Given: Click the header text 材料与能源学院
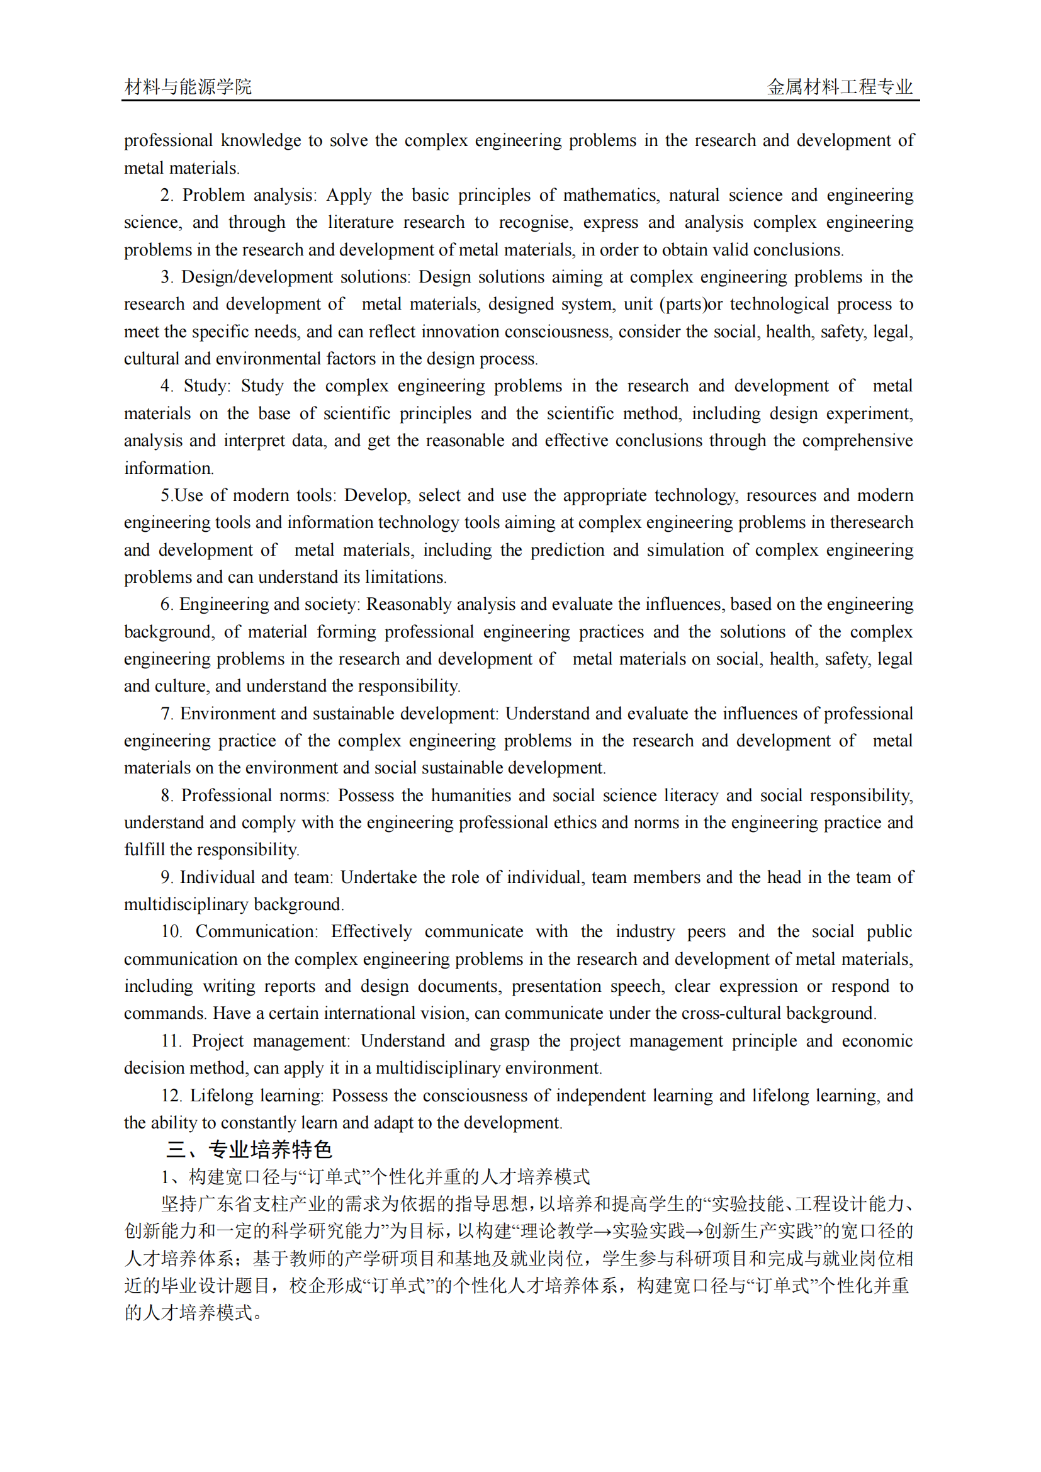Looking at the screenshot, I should [x=188, y=87].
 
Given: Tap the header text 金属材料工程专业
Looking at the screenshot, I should [x=840, y=87].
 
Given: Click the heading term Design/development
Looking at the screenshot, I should [x=257, y=277].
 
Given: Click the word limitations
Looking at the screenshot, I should [x=405, y=577].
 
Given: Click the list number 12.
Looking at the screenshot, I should [x=171, y=1096].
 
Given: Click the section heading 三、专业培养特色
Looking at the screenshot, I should [x=249, y=1150].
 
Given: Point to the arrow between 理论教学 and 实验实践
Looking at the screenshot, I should [x=602, y=1232].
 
